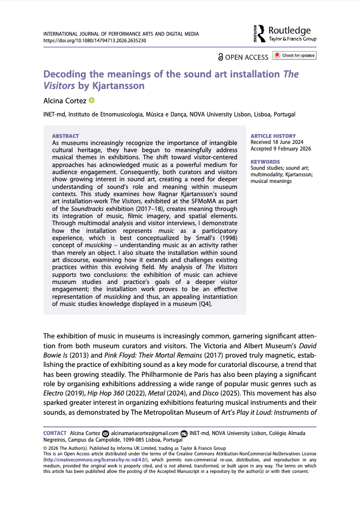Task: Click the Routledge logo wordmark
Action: pos(289,31)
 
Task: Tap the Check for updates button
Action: pos(295,55)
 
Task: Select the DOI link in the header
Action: pos(94,41)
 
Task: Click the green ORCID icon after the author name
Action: pos(91,101)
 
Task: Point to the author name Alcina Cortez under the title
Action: pos(64,101)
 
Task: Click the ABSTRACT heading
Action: pos(65,136)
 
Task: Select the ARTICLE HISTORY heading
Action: pos(273,136)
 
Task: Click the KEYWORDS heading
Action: pos(265,162)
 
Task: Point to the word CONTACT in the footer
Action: pos(55,433)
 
